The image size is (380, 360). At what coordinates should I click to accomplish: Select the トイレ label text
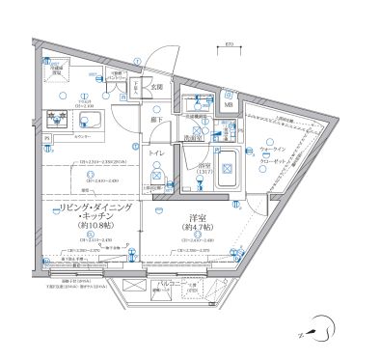154,153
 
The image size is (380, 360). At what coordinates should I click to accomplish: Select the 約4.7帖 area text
194,229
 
